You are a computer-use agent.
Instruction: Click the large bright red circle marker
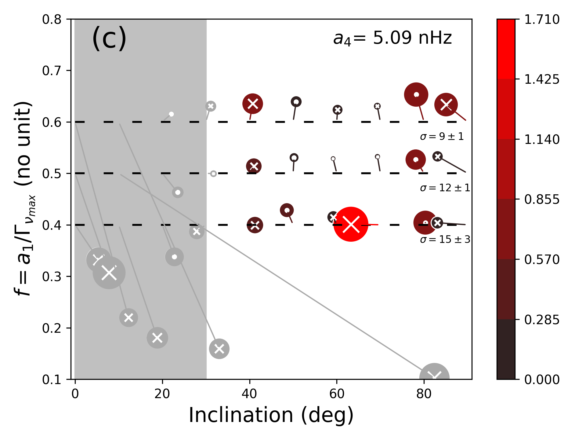tap(351, 224)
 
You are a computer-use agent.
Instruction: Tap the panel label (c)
tap(109, 38)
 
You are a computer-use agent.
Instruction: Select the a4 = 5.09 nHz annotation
tap(392, 38)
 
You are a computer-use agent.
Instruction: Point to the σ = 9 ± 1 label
tap(442, 136)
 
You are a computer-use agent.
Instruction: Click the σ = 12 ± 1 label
tap(445, 188)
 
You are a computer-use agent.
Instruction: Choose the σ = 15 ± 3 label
tap(445, 239)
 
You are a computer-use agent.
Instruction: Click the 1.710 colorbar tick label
tap(542, 20)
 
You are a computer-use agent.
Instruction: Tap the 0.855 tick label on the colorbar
tap(542, 200)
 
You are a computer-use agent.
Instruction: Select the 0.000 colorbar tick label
tap(542, 380)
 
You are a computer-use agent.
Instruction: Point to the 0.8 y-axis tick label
tap(52, 20)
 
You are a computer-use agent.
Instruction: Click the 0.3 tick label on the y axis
tap(52, 277)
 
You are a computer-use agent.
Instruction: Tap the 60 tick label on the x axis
tap(337, 394)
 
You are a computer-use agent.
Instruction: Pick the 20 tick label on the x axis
tap(162, 394)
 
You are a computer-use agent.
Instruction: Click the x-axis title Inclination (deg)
tap(271, 415)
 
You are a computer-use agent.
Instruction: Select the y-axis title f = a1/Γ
tap(24, 199)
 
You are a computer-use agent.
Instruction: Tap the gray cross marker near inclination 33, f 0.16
tap(219, 349)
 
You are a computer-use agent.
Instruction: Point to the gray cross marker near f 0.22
tap(128, 317)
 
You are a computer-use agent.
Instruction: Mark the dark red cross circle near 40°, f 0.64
tap(253, 104)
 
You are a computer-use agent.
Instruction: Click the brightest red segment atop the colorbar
tap(506, 49)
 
